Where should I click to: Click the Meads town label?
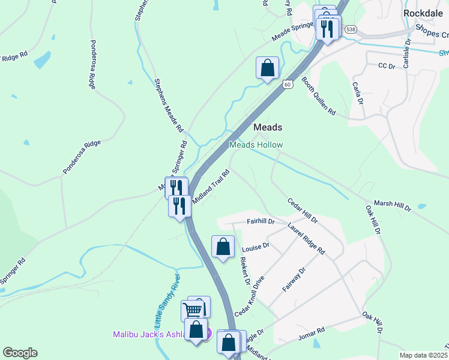point(268,127)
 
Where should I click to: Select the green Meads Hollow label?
point(256,145)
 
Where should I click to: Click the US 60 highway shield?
point(288,85)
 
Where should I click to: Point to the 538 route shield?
point(351,29)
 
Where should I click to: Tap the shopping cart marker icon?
point(192,310)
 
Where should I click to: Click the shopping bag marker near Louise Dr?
point(223,246)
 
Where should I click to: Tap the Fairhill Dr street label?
point(261,221)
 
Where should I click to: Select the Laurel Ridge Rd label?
point(306,238)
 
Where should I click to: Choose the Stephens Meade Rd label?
point(169,105)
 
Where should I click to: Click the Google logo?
point(20,353)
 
